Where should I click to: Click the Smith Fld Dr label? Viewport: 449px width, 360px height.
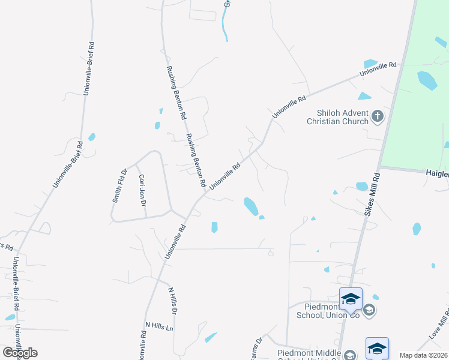(x=119, y=186)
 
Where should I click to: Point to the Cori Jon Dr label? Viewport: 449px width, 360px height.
(x=142, y=191)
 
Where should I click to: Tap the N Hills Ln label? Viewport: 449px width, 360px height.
(x=159, y=326)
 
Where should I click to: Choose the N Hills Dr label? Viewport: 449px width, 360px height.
(x=173, y=301)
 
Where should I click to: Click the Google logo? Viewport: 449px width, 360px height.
(x=19, y=353)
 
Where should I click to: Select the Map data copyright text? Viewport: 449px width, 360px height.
(x=424, y=355)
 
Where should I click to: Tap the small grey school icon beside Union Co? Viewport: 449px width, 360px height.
(x=369, y=310)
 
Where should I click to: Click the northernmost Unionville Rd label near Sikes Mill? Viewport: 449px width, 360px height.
(x=379, y=69)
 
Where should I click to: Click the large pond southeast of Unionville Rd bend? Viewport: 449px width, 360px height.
(x=251, y=206)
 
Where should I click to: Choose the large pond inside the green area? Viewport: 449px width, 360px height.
(x=427, y=80)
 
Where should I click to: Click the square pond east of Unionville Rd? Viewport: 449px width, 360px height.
(x=214, y=227)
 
